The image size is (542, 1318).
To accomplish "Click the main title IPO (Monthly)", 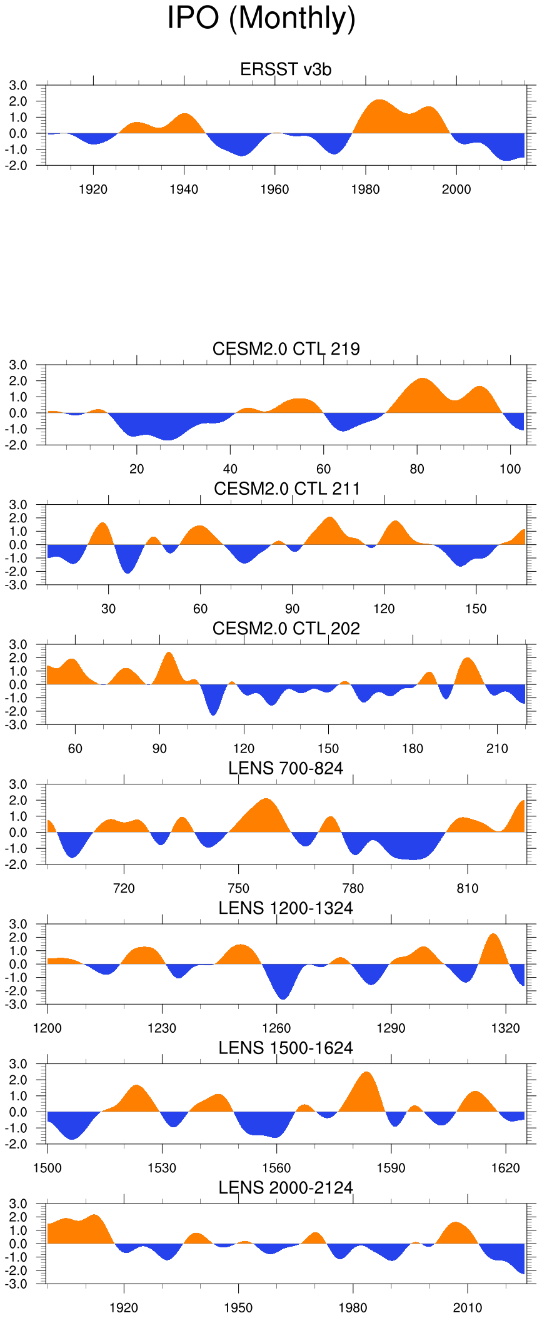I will pyautogui.click(x=261, y=18).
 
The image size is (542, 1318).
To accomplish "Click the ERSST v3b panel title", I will pyautogui.click(x=286, y=69).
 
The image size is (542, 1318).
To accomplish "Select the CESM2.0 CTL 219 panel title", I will pyautogui.click(x=286, y=349).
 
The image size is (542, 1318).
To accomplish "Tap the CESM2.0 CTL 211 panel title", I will pyautogui.click(x=287, y=489).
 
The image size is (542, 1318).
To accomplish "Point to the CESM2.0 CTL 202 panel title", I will pyautogui.click(x=286, y=629).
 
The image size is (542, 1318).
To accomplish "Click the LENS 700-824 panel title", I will pyautogui.click(x=286, y=768).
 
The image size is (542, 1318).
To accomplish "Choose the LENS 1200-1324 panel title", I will pyautogui.click(x=286, y=908).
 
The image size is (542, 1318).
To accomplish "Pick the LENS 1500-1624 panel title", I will pyautogui.click(x=286, y=1048).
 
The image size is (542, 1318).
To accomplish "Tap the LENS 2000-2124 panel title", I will pyautogui.click(x=286, y=1188).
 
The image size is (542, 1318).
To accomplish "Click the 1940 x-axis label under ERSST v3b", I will pyautogui.click(x=184, y=190).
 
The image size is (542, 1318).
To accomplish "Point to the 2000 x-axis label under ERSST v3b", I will pyautogui.click(x=456, y=190).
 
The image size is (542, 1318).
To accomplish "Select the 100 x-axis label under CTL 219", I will pyautogui.click(x=510, y=469).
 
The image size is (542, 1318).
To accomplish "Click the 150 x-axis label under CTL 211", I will pyautogui.click(x=476, y=609).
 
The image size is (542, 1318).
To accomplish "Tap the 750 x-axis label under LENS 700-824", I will pyautogui.click(x=238, y=889).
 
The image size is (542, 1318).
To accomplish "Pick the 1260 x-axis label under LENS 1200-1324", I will pyautogui.click(x=276, y=1028).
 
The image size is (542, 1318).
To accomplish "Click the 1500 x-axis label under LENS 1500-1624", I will pyautogui.click(x=48, y=1168).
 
